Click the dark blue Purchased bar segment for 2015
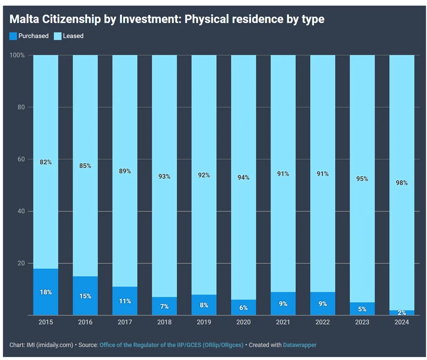pos(46,292)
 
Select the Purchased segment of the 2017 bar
pos(125,301)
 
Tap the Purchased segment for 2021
pos(283,303)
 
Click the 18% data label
pos(46,292)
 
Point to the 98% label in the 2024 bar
pos(401,183)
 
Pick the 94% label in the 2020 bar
pos(243,178)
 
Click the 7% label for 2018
pos(164,307)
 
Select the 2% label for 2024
pos(401,312)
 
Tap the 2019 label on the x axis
pos(204,322)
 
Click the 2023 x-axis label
pos(362,322)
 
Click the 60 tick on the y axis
pos(21,159)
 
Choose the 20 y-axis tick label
pos(21,263)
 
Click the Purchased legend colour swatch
pos(13,36)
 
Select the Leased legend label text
pos(74,36)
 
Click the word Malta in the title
pos(25,19)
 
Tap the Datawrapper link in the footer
pos(300,345)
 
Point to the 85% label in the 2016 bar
pos(85,166)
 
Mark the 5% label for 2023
pos(362,309)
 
